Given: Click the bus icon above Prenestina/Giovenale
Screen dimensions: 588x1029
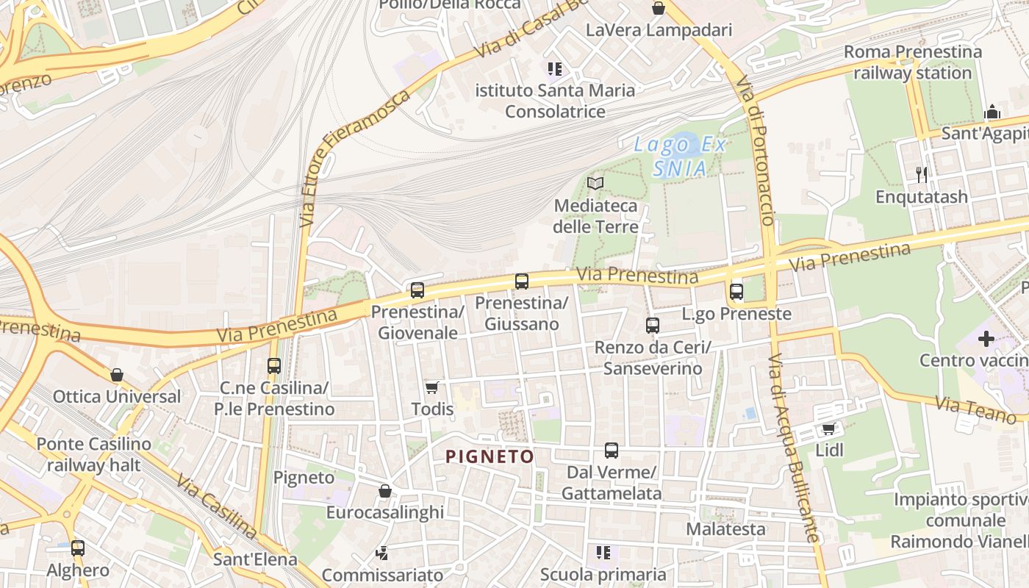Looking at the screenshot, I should click(417, 290).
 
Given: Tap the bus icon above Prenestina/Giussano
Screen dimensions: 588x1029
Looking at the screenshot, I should click(522, 281).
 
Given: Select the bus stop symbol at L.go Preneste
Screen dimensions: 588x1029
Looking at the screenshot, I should click(736, 292).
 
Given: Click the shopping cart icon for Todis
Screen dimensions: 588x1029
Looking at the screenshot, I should click(432, 387).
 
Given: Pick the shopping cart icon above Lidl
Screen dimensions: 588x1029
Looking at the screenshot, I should click(829, 429).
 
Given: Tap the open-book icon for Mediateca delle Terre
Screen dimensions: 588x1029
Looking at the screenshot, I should click(595, 183).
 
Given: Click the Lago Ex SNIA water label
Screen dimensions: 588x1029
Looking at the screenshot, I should click(681, 157).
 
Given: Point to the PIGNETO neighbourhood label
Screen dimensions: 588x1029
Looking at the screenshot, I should click(490, 456).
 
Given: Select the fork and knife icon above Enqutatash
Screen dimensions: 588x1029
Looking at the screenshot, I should click(922, 174).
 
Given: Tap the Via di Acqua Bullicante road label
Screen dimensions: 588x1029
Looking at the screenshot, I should click(794, 448).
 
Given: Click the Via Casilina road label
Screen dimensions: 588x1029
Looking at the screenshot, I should click(216, 507).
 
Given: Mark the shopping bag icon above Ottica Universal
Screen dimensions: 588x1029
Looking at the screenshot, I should click(117, 375).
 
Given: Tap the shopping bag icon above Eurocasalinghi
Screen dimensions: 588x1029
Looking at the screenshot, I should click(384, 491).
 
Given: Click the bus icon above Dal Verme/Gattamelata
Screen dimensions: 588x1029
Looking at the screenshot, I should click(611, 451).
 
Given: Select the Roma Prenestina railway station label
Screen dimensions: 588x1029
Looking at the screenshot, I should click(913, 62).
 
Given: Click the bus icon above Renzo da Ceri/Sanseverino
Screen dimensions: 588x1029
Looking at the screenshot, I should click(653, 326).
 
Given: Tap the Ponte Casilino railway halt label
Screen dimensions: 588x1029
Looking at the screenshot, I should click(93, 454).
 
